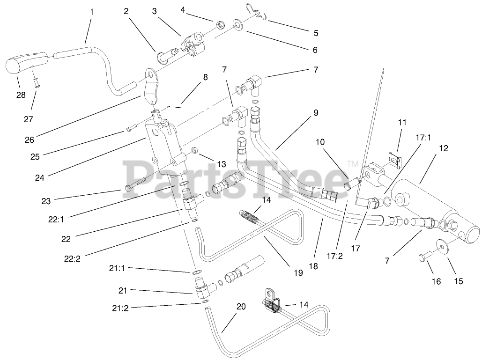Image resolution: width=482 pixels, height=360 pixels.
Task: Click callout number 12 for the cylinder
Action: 444,149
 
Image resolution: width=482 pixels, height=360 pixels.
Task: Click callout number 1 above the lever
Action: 91,12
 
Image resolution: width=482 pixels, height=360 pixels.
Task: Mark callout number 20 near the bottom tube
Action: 241,307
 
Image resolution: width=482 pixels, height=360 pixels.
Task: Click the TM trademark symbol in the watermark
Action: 352,164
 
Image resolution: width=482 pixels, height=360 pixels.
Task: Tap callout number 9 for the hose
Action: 316,112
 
